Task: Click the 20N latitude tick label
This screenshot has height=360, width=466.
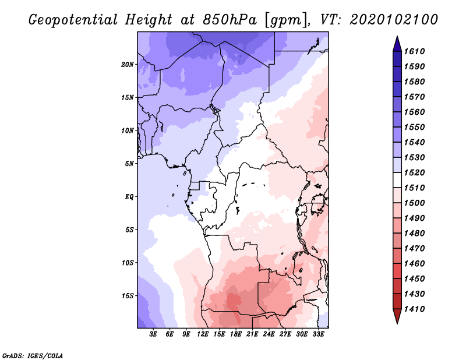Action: (128, 64)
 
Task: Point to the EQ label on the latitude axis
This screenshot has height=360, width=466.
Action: (129, 197)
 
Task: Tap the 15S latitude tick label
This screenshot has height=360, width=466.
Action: (128, 296)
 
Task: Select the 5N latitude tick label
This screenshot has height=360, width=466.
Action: (129, 164)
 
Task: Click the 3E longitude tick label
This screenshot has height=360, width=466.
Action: (154, 334)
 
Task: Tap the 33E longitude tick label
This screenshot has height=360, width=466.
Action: (318, 334)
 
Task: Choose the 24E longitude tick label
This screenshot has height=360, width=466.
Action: (269, 334)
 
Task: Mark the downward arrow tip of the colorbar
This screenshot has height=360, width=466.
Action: (397, 322)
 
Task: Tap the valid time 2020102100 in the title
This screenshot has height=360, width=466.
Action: (394, 20)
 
